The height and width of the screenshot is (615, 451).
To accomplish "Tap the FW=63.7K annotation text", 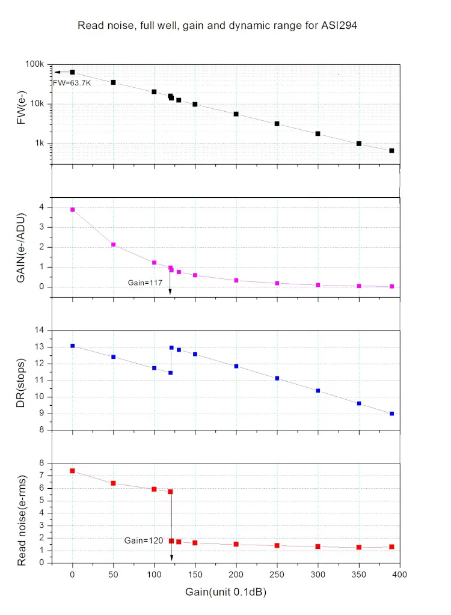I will point(72,83).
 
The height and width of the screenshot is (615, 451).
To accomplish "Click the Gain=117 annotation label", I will point(145,282).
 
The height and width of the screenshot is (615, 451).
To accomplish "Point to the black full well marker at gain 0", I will point(72,72).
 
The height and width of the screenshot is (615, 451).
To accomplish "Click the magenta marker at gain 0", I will point(72,210).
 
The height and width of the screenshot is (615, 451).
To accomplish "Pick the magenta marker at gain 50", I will point(113,245).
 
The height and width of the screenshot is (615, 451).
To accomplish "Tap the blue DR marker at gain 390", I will point(391,414).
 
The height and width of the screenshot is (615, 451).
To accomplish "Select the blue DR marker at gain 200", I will point(236,366).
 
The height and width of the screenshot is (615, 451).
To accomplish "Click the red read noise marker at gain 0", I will point(72,471).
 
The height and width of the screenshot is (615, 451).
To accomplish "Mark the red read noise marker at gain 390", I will point(391,547).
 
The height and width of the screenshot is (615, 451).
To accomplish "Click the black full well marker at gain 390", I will point(391,151).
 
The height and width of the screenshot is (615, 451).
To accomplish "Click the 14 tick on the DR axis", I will point(41,330).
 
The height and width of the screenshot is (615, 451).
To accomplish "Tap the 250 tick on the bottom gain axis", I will point(277,575).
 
